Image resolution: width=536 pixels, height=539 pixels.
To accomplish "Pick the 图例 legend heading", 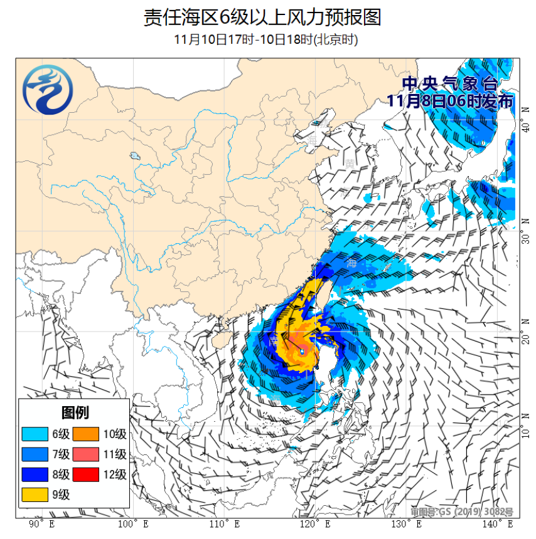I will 75,412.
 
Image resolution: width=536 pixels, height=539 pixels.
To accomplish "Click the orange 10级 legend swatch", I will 86,434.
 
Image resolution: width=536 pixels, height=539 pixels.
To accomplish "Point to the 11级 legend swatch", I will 86,454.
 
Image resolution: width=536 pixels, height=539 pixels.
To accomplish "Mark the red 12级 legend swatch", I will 86,474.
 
